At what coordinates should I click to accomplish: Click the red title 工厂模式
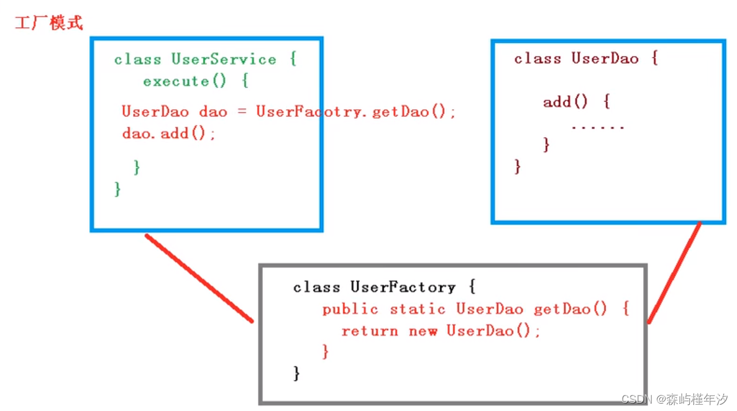[x=48, y=24]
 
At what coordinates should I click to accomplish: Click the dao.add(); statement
[x=168, y=133]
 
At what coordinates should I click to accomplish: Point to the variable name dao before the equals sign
[x=213, y=112]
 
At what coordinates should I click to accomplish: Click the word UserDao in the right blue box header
[x=605, y=59]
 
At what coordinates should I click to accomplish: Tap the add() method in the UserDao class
[x=565, y=102]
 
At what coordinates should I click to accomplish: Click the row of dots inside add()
[x=598, y=127]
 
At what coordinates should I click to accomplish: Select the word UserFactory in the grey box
[x=403, y=287]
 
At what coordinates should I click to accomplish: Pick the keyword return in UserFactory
[x=370, y=331]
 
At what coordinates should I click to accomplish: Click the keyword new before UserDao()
[x=423, y=331]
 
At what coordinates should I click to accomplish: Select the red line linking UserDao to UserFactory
[x=674, y=273]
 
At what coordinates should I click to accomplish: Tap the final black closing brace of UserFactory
[x=297, y=373]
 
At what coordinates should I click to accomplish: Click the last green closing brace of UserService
[x=117, y=189]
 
